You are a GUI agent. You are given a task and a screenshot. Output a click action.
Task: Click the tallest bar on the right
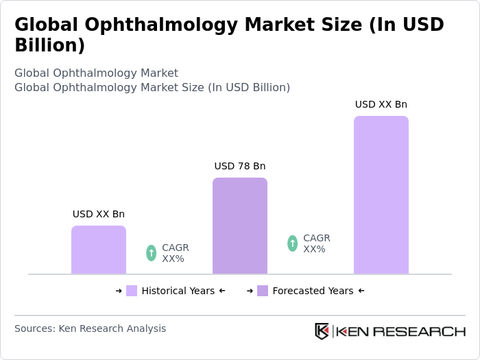[x=381, y=195]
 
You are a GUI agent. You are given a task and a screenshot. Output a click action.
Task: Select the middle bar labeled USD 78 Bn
[x=239, y=226]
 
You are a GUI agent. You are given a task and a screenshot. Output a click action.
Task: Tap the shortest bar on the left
[x=98, y=250]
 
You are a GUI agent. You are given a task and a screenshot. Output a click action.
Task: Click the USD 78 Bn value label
[x=239, y=166]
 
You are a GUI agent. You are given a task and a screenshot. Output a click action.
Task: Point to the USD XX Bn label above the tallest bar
[x=381, y=104]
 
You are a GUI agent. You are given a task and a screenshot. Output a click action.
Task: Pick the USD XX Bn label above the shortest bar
[x=98, y=214]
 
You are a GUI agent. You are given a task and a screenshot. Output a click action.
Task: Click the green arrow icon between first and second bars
[x=151, y=253]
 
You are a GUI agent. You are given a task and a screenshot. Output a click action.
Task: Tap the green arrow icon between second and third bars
[x=292, y=243]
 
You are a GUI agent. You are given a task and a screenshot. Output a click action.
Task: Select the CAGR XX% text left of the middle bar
[x=176, y=253]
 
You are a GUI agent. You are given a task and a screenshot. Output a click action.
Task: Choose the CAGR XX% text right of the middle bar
[x=317, y=243]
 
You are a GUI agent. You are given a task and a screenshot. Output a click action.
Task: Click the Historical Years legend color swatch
[x=132, y=291]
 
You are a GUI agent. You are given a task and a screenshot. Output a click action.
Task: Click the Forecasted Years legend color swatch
[x=263, y=291]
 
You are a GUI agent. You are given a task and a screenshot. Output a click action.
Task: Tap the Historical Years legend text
[x=178, y=291]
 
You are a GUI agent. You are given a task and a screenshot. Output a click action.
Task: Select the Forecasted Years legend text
[x=313, y=291]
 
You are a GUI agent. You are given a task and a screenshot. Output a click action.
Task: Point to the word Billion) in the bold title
[x=49, y=45]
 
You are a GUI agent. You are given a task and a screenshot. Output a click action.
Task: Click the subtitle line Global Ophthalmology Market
[x=96, y=73]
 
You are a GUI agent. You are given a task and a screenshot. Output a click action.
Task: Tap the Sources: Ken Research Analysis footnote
[x=90, y=328]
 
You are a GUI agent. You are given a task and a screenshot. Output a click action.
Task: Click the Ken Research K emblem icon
[x=322, y=331]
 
